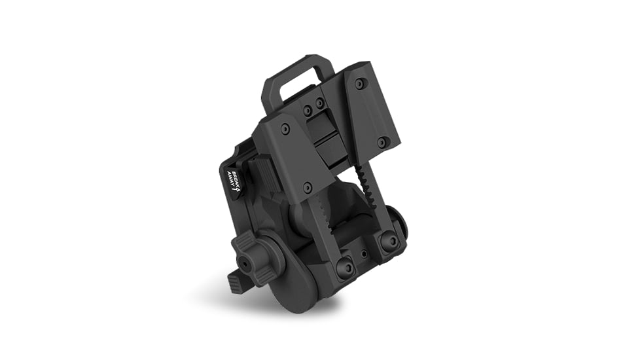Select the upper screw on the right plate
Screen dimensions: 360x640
coord(359,84)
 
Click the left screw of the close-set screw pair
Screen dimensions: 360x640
coord(308,109)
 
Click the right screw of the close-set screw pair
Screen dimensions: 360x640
coord(320,103)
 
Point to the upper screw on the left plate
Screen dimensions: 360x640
coord(285,129)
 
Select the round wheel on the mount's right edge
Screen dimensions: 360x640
coord(397,223)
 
